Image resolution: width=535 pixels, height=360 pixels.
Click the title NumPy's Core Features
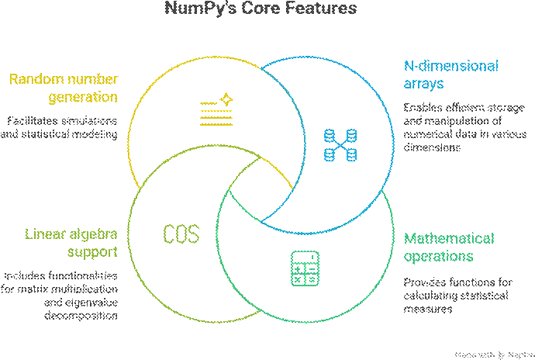point(261,9)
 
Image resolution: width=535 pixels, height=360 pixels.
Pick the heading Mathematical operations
point(449,247)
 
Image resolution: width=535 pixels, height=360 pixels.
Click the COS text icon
point(181,234)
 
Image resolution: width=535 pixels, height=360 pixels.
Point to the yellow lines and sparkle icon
point(216,109)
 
